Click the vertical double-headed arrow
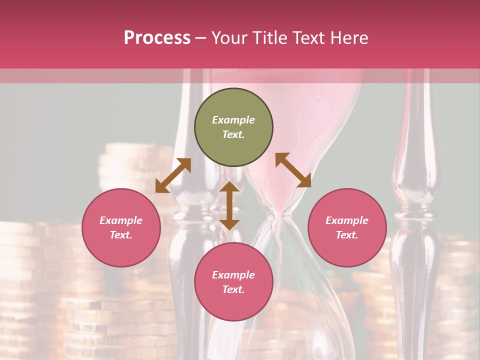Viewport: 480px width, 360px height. click(x=229, y=205)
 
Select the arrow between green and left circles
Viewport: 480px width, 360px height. click(x=173, y=175)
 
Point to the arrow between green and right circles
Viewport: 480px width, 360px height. click(x=293, y=170)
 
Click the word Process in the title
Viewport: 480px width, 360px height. click(x=157, y=37)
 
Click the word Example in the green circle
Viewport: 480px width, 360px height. click(x=233, y=120)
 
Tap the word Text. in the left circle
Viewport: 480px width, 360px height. click(x=121, y=235)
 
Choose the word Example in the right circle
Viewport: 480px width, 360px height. click(x=347, y=220)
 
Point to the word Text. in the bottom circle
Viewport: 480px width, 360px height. click(x=233, y=289)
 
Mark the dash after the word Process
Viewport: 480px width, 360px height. click(x=201, y=38)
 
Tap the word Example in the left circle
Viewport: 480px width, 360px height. click(x=121, y=220)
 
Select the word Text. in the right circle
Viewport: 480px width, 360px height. click(x=347, y=235)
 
